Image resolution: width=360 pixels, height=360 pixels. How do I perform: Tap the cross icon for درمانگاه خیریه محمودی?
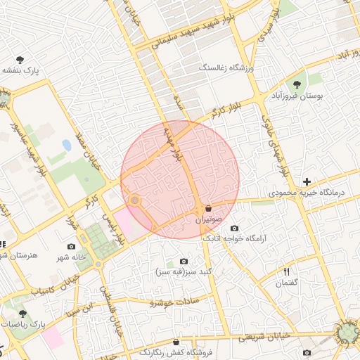(306, 181)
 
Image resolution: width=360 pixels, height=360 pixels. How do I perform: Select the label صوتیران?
(209, 220)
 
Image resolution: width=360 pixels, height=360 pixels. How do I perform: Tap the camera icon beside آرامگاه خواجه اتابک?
(234, 228)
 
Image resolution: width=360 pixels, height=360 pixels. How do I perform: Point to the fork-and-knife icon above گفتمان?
(287, 271)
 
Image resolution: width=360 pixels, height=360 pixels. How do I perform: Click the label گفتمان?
(287, 283)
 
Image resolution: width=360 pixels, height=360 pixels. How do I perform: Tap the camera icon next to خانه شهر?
(71, 246)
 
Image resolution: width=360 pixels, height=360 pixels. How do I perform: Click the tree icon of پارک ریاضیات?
(22, 314)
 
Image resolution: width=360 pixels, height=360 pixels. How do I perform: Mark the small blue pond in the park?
(66, 146)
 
